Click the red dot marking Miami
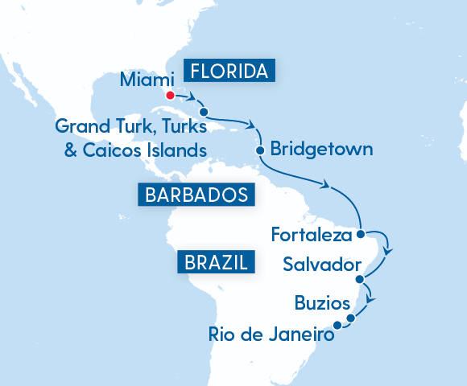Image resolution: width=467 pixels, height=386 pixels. click(170, 95)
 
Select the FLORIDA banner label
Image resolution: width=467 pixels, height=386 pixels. click(230, 72)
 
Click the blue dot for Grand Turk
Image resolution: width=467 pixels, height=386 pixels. click(204, 112)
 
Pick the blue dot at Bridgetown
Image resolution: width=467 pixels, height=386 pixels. click(259, 150)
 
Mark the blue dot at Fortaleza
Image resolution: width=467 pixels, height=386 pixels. click(361, 235)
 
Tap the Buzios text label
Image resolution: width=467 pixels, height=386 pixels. click(323, 304)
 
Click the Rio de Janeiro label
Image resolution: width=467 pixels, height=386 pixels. click(270, 334)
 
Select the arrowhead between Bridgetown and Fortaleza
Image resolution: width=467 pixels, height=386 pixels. click(326, 187)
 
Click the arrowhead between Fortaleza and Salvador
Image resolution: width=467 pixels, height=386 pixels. click(388, 252)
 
